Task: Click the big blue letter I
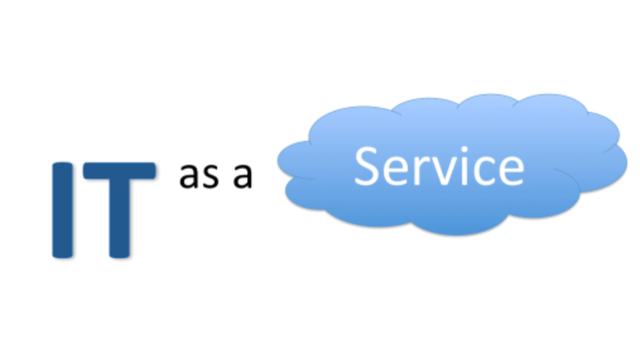[62, 210]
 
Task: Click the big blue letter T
[119, 210]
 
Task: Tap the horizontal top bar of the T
[119, 171]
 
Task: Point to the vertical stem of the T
[119, 219]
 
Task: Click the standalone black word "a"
[243, 177]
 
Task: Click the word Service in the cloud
[439, 166]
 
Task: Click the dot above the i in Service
[465, 150]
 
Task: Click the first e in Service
[395, 171]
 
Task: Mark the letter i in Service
[465, 166]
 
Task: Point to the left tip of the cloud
[278, 160]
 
